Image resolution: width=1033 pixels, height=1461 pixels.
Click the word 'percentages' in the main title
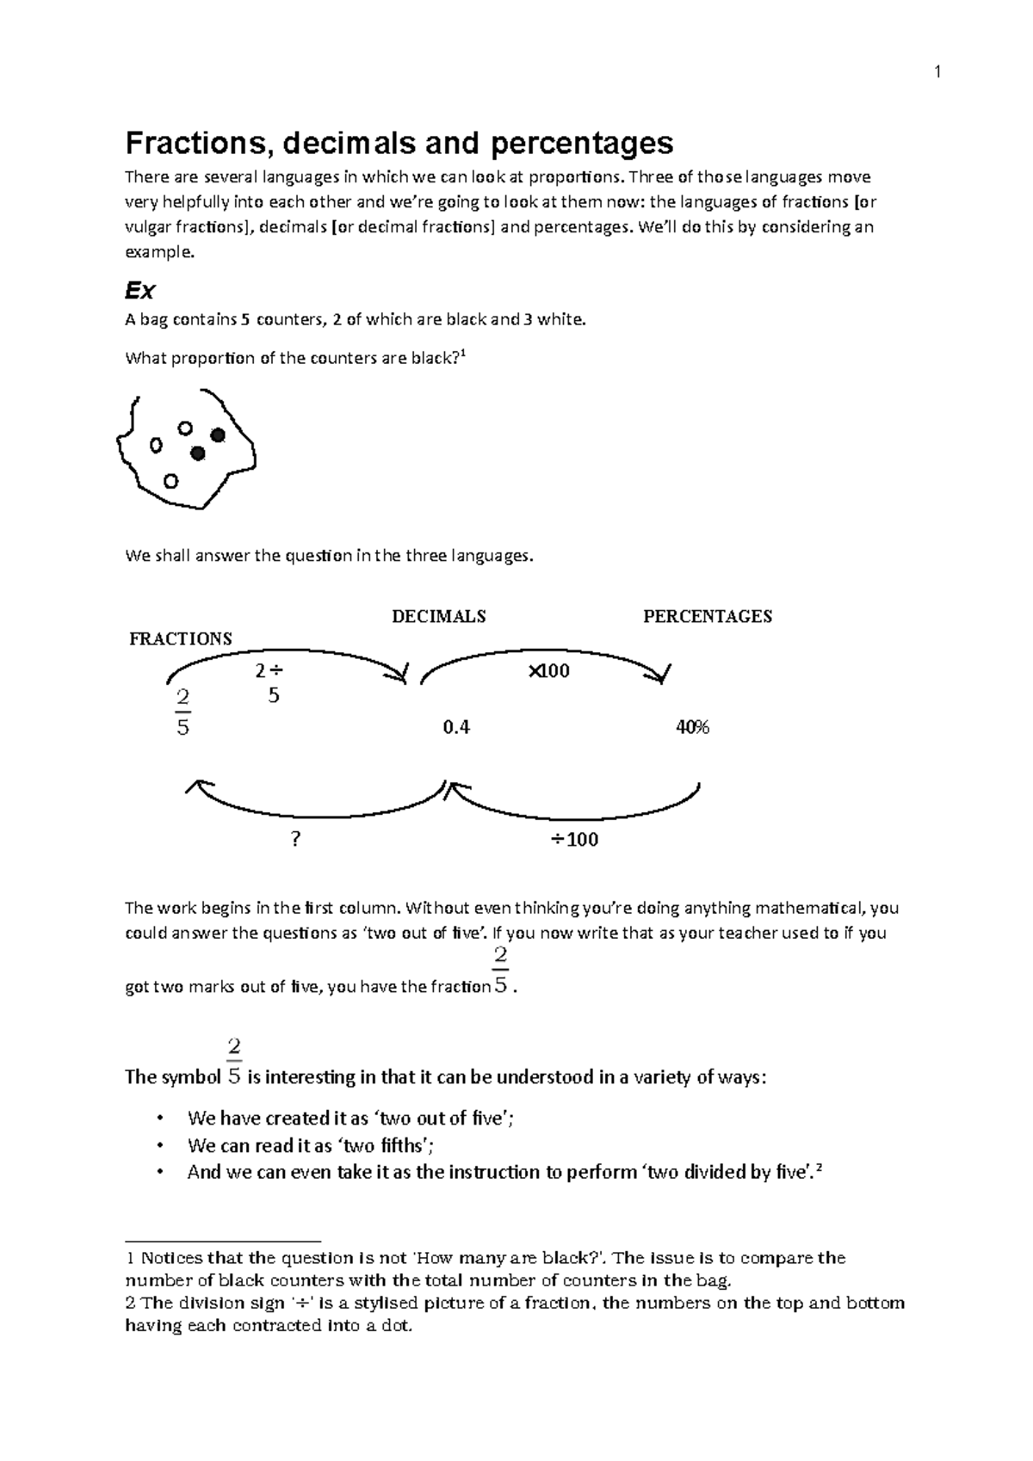[582, 142]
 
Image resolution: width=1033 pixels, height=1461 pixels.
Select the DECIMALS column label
[438, 616]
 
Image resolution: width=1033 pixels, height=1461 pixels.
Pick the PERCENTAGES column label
[707, 616]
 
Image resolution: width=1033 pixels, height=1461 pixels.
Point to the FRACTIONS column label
[180, 638]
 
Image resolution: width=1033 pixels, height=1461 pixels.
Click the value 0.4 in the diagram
[455, 727]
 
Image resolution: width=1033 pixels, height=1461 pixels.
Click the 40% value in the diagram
[692, 727]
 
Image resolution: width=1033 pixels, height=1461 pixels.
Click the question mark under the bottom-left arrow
[295, 839]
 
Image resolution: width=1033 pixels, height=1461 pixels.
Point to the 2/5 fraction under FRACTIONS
[182, 712]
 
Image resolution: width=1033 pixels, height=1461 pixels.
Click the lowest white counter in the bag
[170, 481]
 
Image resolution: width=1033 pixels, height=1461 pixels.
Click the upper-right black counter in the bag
[218, 435]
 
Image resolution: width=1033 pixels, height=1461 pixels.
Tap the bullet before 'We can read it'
[158, 1146]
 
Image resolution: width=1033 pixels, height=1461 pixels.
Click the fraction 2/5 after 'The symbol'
[233, 1061]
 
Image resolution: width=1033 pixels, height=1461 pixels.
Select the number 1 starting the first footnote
[129, 1259]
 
